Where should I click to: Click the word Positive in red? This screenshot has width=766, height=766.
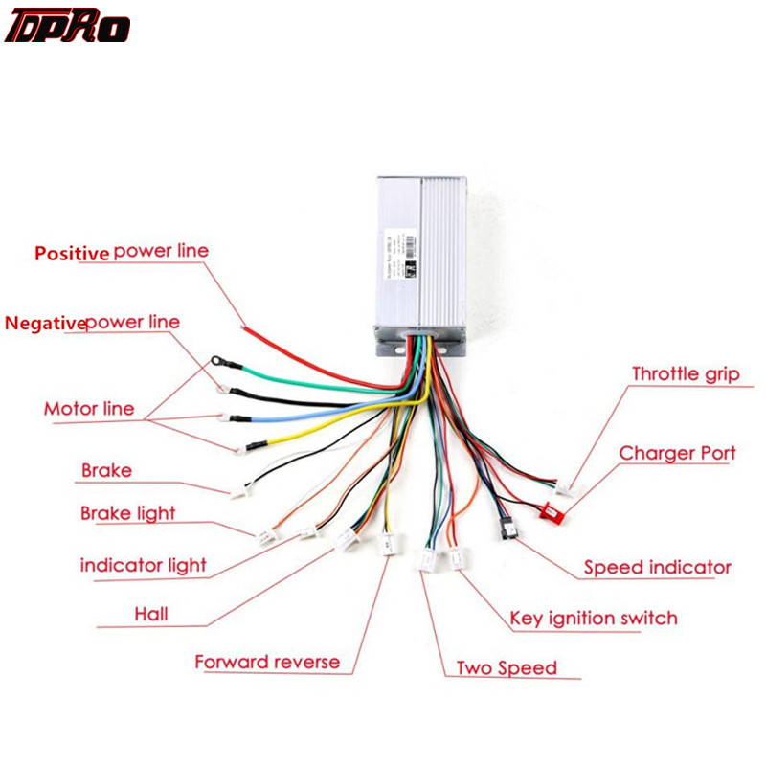[x=72, y=254]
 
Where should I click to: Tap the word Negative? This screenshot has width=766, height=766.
[x=44, y=323]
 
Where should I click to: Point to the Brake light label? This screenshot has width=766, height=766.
[x=128, y=513]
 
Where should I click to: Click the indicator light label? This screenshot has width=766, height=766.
[x=143, y=565]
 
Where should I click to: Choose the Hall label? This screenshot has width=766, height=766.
[x=150, y=613]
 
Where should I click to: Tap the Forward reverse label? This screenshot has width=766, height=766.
[x=267, y=662]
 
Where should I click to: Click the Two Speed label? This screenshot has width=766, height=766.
[x=506, y=667]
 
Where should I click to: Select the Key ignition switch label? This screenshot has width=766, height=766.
[x=593, y=618]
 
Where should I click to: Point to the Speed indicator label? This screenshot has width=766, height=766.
[x=657, y=568]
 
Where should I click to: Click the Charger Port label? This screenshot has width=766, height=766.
[x=677, y=452]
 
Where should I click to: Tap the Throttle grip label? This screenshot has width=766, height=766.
[x=685, y=373]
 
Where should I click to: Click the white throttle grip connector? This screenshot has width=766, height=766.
[x=571, y=489]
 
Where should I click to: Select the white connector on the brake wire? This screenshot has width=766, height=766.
[x=238, y=490]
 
